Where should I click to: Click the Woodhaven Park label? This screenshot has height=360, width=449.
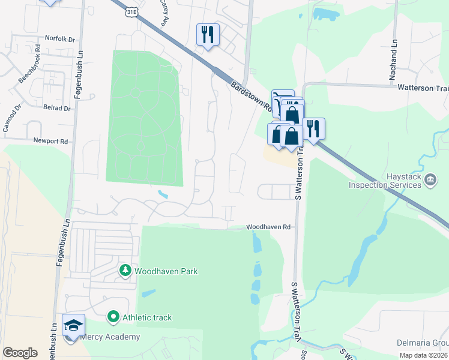[x=166, y=271]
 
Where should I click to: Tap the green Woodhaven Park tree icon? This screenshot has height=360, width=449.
[x=125, y=271]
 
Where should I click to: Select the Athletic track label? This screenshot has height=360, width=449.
[x=147, y=317]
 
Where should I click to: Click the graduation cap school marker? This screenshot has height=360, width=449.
[x=73, y=326]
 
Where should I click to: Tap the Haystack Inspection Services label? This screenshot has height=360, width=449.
[x=385, y=181]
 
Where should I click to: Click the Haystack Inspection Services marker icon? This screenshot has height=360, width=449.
[x=430, y=179]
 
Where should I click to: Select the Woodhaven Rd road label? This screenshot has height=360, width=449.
[x=268, y=227]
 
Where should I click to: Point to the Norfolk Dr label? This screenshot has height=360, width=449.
[x=60, y=39]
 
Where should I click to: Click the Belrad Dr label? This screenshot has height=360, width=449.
[x=57, y=109]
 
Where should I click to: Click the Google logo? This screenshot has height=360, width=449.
[x=20, y=352]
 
